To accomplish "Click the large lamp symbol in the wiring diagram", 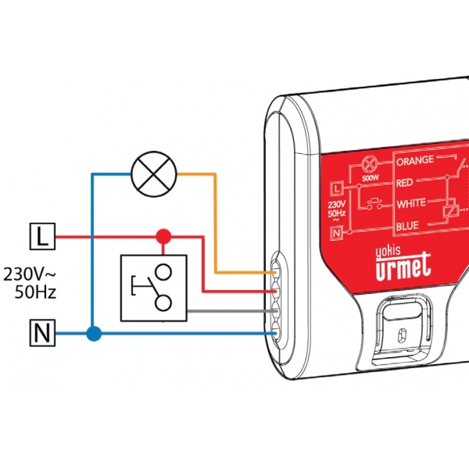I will [x=154, y=173].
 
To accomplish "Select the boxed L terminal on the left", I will [x=42, y=235].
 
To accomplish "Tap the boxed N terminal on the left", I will [x=42, y=335].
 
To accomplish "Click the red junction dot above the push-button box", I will [x=163, y=235].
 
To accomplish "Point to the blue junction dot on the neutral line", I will [x=94, y=335].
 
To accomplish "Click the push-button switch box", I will [x=154, y=288].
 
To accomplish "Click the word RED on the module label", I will [x=405, y=183].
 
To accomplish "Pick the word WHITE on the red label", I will [x=411, y=203].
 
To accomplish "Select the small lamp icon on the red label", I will [x=369, y=166].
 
